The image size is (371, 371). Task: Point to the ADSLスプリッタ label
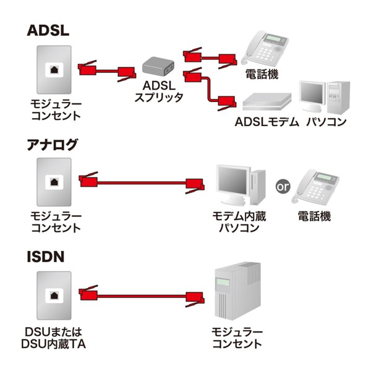click(163, 92)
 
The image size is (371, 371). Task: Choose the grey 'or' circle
click(283, 185)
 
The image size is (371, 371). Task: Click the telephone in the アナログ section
click(316, 185)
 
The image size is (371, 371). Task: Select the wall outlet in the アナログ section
click(54, 182)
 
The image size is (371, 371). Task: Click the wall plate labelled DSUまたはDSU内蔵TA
click(54, 295)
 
